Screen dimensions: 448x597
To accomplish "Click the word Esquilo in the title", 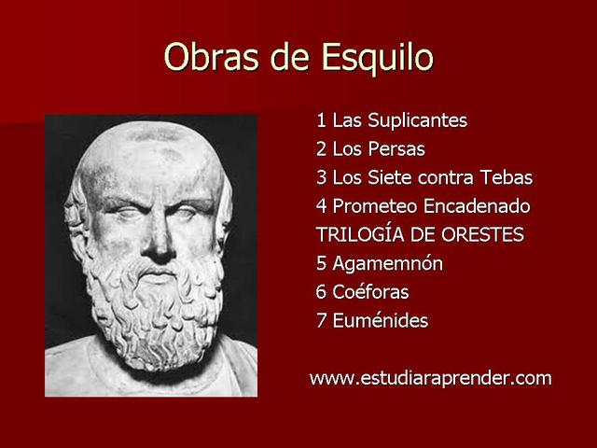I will point(379,57).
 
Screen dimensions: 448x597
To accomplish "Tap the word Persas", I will point(394,149).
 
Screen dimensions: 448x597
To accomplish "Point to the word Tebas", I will point(507,177).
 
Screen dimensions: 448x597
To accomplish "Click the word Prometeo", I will point(375,206).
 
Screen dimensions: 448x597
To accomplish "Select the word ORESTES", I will point(481,234).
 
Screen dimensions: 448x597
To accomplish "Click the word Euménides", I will point(379,321).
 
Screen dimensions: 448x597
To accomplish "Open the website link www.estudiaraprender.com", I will point(430,378).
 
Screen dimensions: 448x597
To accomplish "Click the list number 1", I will point(321,121).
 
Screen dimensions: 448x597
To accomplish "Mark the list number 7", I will point(321,321).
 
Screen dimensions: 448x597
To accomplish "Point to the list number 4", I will point(321,206).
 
